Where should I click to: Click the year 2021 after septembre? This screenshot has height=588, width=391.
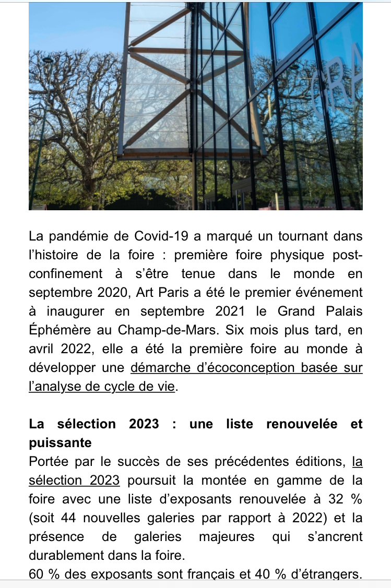tap(232, 311)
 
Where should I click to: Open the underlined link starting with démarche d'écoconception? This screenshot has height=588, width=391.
tap(246, 368)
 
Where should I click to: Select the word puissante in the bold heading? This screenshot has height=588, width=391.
tap(60, 443)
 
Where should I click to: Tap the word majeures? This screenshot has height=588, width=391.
tap(227, 537)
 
